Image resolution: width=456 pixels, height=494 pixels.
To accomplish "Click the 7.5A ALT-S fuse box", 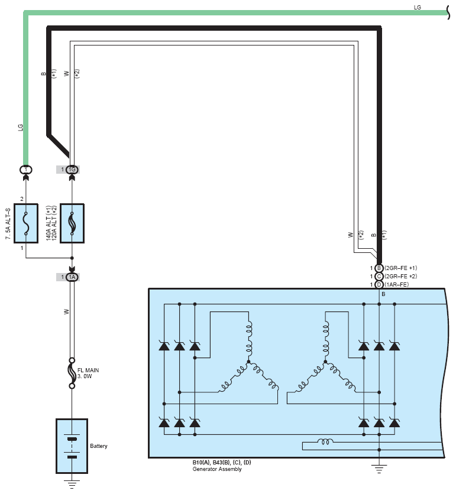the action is (x=26, y=223).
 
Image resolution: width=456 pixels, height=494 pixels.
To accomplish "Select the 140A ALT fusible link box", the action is (x=72, y=223).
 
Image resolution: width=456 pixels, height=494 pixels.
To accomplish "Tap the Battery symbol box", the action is (x=72, y=446).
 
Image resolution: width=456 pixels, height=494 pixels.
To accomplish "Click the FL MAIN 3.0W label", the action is (x=88, y=373).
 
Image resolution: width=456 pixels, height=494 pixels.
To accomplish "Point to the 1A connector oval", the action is (x=72, y=277).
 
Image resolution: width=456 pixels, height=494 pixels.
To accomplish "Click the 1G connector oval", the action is (x=72, y=170).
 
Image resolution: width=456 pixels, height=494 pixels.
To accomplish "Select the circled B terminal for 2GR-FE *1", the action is (x=379, y=268).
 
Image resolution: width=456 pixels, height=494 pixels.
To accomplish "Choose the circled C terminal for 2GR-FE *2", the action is (x=379, y=277).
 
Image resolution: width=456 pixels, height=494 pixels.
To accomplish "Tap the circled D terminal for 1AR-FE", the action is (x=379, y=284).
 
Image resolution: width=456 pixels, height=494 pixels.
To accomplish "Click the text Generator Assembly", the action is (x=217, y=469).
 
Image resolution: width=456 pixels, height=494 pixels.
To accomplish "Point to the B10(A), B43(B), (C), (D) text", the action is (x=222, y=463).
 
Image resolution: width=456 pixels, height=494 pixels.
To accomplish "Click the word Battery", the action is (x=99, y=446).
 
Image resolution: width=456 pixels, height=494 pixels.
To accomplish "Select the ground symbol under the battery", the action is (x=72, y=483).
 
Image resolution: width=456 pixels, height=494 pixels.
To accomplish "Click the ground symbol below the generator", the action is (x=379, y=469).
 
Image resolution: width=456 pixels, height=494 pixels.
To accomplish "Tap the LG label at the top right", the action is (x=417, y=7).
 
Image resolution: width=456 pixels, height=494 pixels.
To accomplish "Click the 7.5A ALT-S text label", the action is (x=8, y=224).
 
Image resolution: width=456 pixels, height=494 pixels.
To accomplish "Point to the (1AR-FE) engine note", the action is (x=397, y=284).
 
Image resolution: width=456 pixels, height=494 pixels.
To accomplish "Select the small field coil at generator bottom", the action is (x=325, y=441).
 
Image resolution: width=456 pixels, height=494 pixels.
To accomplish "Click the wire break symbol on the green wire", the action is (x=448, y=12).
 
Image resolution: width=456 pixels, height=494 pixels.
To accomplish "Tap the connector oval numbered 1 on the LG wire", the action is (x=26, y=170).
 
